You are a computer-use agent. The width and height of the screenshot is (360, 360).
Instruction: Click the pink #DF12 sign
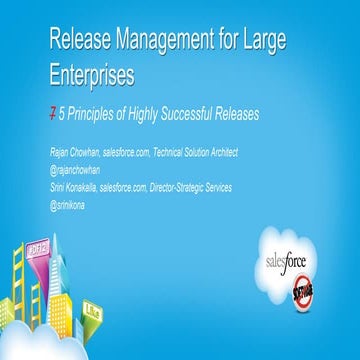pos(41,272)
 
